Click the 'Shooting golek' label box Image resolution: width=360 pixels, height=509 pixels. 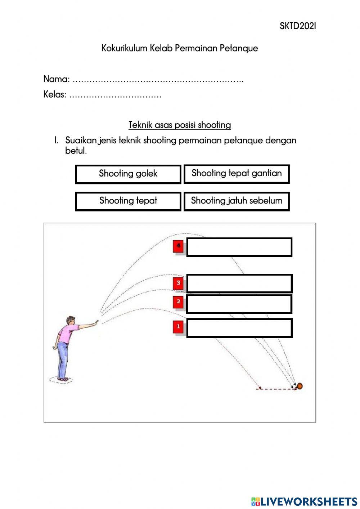coord(128,174)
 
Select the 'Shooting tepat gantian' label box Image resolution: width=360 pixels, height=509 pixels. coord(237,174)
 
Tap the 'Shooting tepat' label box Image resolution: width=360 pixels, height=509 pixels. coord(128,201)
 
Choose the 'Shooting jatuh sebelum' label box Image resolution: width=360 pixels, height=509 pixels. coord(237,201)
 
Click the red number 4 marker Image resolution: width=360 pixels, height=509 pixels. coord(178,246)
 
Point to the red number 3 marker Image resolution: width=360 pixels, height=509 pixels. coord(178,283)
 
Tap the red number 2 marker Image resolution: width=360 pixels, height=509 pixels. coord(178,302)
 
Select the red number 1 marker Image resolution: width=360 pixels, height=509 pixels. coord(178,327)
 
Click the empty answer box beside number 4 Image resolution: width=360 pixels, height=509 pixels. coord(239,247)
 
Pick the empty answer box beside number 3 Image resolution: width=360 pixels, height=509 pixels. coord(239,283)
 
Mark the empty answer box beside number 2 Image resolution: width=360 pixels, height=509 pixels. coord(239,304)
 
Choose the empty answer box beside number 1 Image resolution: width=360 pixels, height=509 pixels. coord(239,328)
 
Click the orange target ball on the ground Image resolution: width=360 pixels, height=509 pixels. coord(300,386)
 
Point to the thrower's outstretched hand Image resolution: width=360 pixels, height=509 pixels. coord(95,322)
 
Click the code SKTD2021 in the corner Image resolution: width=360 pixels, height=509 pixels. coord(298,26)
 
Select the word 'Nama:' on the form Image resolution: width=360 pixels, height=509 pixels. coord(57,79)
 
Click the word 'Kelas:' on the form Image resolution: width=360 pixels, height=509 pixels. coord(55,94)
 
